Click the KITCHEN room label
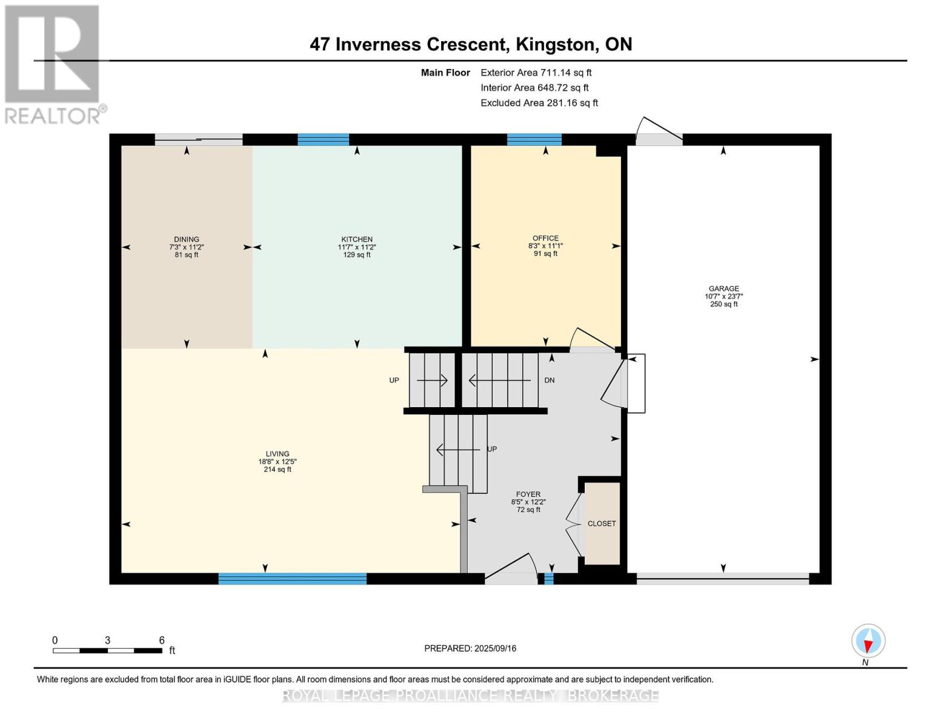357,239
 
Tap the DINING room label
187,239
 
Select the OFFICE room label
545,238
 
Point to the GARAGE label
723,288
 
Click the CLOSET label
602,523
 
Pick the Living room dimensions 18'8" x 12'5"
277,462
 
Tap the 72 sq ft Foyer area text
528,510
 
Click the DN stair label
549,380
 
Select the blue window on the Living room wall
292,579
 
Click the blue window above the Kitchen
324,139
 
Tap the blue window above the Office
534,139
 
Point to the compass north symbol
868,641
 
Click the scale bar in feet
107,651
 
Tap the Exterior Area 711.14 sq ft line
536,73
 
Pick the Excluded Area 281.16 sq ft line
539,103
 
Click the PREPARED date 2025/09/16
470,648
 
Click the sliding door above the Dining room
199,139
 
